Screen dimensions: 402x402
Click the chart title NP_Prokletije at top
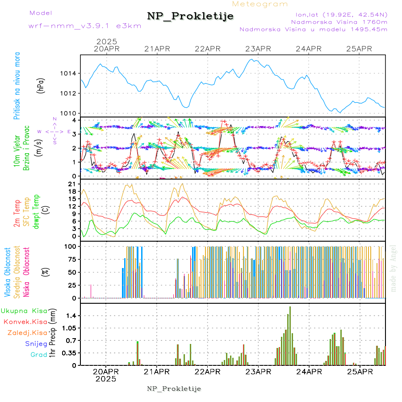tap(190, 16)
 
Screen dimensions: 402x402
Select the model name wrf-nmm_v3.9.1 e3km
tap(85, 26)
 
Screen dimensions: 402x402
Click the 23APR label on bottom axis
tap(258, 372)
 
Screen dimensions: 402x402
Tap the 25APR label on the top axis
tap(359, 49)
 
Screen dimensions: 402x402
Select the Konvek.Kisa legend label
tap(25, 322)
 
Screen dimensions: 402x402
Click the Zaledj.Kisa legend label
tap(27, 332)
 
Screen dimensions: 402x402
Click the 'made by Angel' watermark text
tap(393, 268)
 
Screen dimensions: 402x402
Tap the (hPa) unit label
tap(41, 85)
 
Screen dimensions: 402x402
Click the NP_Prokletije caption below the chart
tap(174, 388)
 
